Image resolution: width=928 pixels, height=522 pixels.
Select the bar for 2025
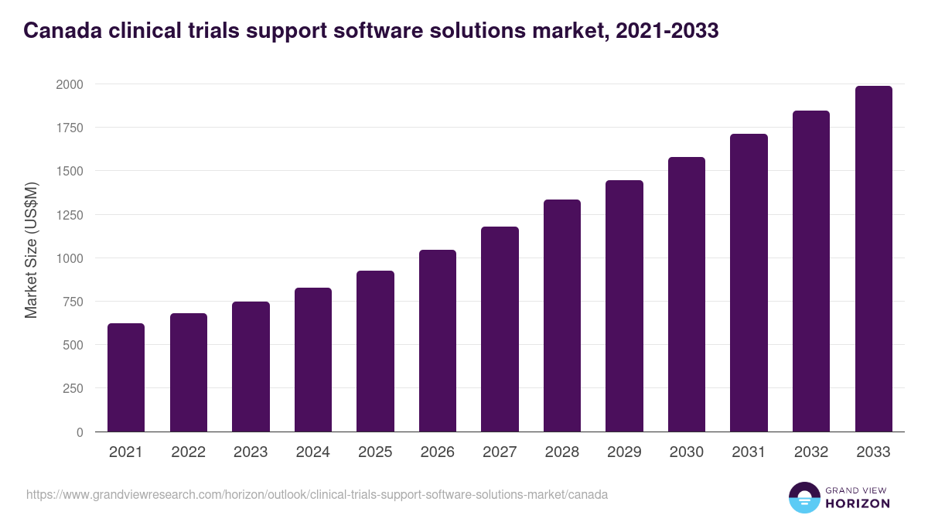pyautogui.click(x=375, y=351)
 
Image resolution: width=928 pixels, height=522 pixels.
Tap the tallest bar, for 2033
pyautogui.click(x=873, y=258)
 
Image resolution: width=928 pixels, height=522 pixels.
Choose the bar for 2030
pyautogui.click(x=687, y=294)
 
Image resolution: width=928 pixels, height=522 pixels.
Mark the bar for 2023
pyautogui.click(x=251, y=367)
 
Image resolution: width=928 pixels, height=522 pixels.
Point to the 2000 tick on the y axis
pyautogui.click(x=69, y=84)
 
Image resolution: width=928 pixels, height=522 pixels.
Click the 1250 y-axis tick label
pyautogui.click(x=69, y=215)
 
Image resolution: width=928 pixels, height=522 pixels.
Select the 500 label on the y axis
pyautogui.click(x=73, y=345)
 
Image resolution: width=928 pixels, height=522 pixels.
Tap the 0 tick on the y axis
pyautogui.click(x=80, y=432)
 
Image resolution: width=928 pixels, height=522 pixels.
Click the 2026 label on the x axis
pyautogui.click(x=438, y=452)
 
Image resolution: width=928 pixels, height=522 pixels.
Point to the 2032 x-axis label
pyautogui.click(x=811, y=452)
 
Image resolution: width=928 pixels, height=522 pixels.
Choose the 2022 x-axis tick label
pyautogui.click(x=188, y=452)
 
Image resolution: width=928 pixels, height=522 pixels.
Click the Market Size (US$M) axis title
pyautogui.click(x=32, y=251)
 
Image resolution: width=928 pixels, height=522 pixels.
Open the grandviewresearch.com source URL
pyautogui.click(x=317, y=494)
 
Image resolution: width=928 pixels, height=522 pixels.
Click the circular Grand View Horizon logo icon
pyautogui.click(x=803, y=497)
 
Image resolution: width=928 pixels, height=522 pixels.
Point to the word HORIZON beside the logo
pyautogui.click(x=858, y=503)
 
